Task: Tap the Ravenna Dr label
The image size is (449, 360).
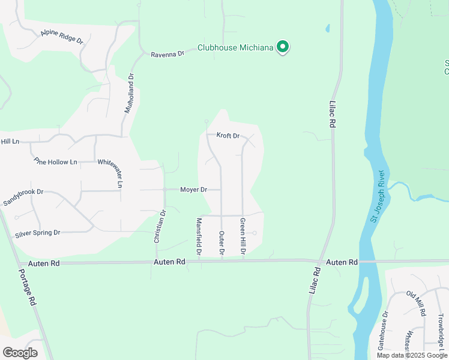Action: point(166,54)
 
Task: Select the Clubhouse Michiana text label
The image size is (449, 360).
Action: point(237,47)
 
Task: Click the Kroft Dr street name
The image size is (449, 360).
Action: point(228,136)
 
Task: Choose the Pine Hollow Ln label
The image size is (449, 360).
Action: point(56,161)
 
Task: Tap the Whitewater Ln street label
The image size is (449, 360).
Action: point(110,173)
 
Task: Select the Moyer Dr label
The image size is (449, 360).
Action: point(193,190)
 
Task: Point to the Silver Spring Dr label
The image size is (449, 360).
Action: point(37,233)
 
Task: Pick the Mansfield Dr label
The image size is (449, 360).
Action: point(199,235)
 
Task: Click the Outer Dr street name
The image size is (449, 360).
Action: point(221,244)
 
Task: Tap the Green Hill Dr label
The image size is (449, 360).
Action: point(243,236)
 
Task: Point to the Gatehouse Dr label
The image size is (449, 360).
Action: point(382,331)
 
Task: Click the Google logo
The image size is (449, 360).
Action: point(20,353)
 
